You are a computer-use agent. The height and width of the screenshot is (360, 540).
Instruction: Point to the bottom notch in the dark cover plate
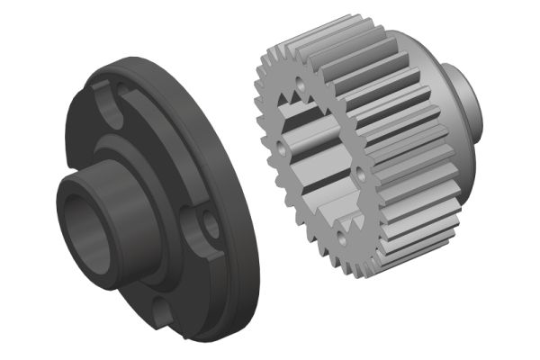pyautogui.click(x=163, y=313)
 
